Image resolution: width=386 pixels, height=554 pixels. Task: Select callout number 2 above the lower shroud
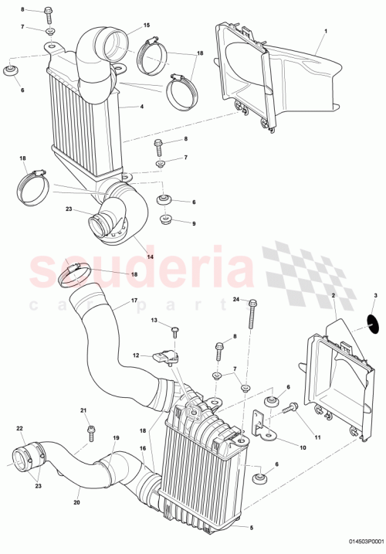pos(333,296)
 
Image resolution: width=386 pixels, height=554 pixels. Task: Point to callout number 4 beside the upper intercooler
pos(141,106)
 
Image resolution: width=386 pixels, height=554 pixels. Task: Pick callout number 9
pos(194,223)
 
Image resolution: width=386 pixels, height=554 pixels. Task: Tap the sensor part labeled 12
pos(165,358)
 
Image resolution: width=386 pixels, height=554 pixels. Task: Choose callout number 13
pos(154,320)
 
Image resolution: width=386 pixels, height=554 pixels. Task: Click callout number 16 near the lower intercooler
pos(142,447)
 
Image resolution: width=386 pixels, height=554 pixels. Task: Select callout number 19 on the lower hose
pos(116,438)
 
